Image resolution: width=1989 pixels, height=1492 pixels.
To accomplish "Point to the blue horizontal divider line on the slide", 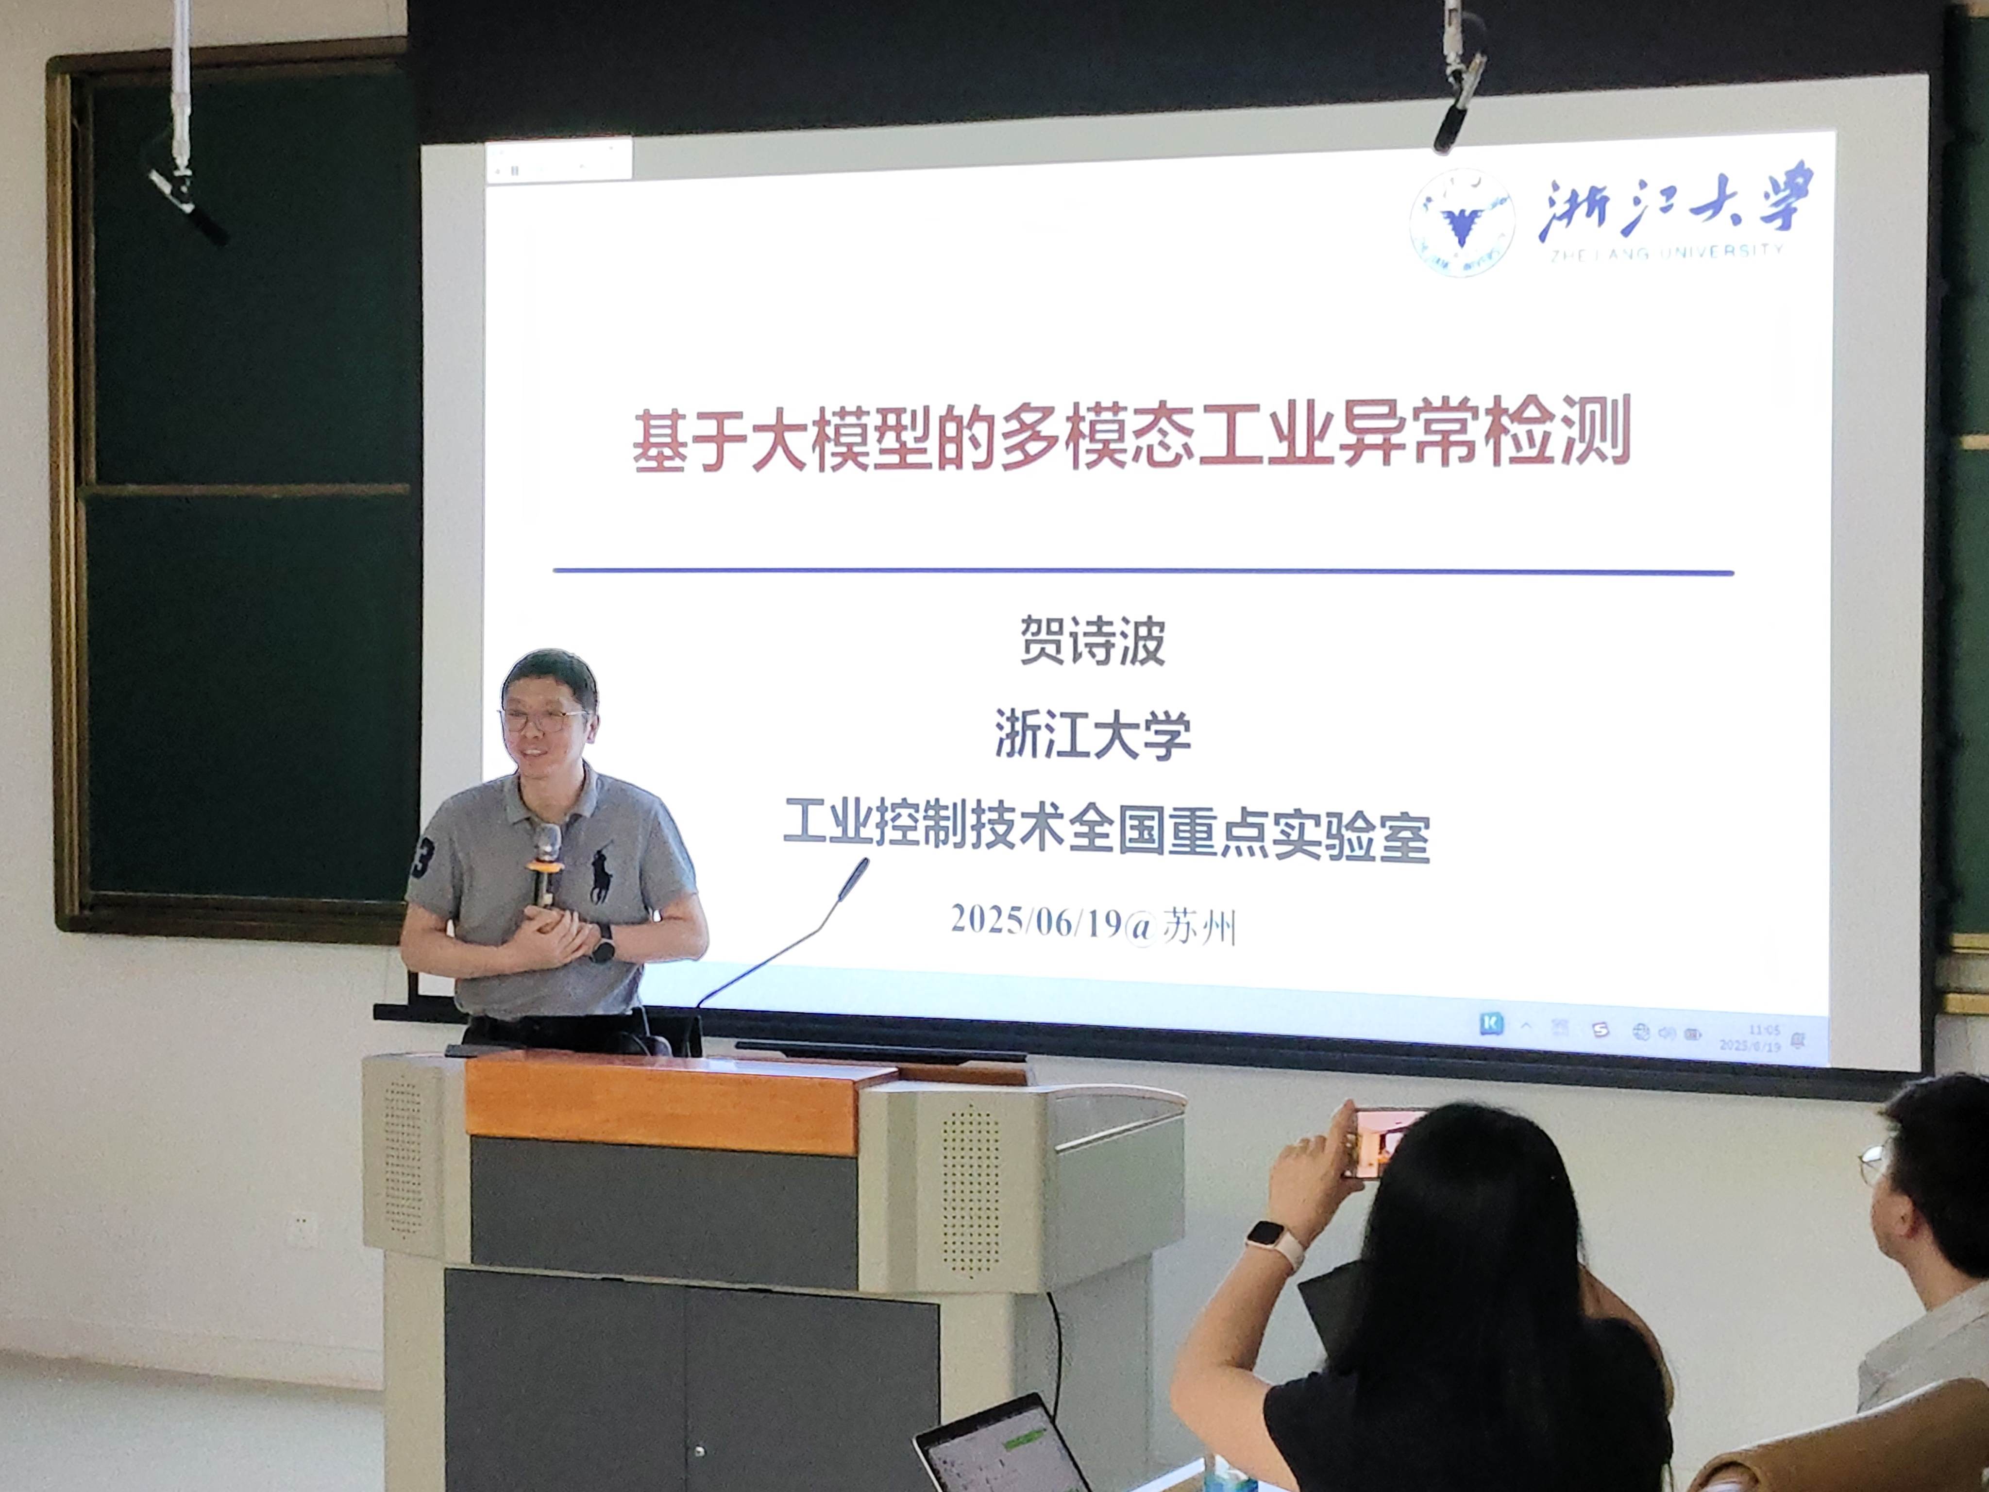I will pyautogui.click(x=1142, y=571).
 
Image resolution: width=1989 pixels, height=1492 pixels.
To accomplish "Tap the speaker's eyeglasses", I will pyautogui.click(x=544, y=719).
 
